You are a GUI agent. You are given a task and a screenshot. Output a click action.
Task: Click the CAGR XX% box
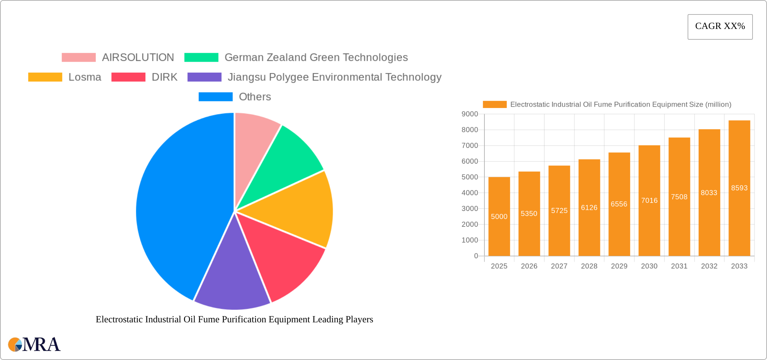pos(720,27)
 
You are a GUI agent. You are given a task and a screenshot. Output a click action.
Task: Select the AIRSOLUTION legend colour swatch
pos(79,58)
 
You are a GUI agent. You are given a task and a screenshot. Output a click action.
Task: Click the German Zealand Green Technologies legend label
pos(316,58)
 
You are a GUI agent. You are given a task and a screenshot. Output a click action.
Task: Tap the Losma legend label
pos(85,77)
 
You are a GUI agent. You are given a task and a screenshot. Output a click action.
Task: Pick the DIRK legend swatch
pos(128,77)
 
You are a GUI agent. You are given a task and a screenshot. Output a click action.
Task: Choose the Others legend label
pos(255,97)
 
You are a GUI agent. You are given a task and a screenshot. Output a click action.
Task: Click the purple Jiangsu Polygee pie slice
pos(232,279)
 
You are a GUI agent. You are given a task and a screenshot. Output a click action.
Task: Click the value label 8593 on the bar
pos(739,188)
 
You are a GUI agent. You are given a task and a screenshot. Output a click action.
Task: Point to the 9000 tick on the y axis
pos(470,114)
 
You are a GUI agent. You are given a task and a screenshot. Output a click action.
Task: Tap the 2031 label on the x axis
pos(679,266)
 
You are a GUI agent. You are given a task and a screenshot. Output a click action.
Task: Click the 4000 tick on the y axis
pos(470,193)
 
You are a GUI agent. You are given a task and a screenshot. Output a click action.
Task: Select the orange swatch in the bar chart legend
pos(495,105)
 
